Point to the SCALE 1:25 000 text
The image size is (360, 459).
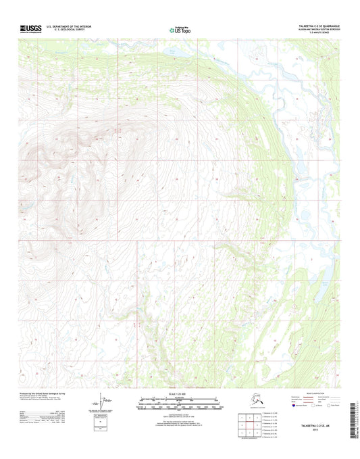180,393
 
